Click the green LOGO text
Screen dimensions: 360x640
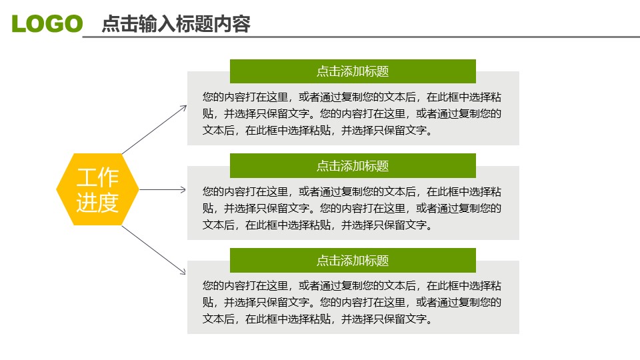pos(47,24)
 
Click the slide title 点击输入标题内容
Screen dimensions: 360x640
pos(176,24)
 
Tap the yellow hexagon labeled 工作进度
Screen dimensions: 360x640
pos(97,189)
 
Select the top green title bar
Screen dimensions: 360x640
pos(353,71)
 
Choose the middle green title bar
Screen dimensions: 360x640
pos(353,165)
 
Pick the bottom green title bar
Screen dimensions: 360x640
pos(353,260)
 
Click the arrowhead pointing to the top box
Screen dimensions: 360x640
pos(184,107)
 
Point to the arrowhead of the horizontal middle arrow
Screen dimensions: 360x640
pos(183,189)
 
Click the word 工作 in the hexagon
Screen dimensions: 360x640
pos(97,177)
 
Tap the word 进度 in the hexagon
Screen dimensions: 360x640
pos(97,202)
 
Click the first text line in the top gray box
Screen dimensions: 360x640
pos(352,96)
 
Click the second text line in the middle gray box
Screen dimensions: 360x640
pos(352,208)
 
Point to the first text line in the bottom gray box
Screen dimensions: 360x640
pos(352,285)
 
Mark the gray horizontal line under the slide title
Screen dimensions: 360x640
pos(360,37)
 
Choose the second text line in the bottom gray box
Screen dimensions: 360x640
pos(352,302)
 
